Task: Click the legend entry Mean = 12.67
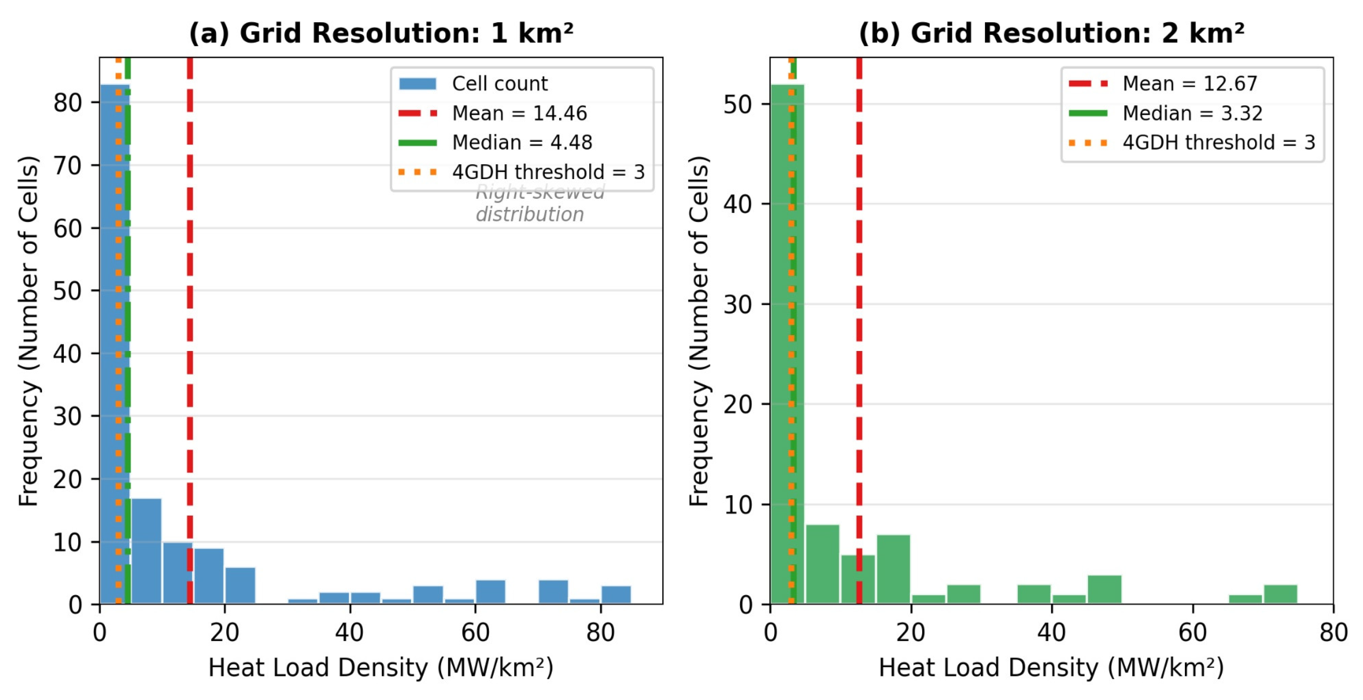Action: (x=1189, y=84)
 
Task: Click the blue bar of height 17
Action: (x=146, y=551)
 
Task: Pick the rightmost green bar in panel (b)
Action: (x=1280, y=594)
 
